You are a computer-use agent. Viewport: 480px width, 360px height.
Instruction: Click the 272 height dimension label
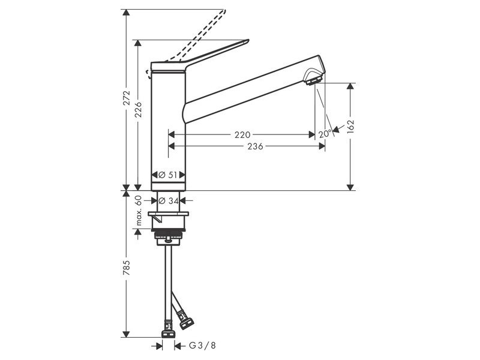[x=127, y=98]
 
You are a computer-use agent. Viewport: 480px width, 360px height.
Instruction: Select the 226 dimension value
[x=139, y=110]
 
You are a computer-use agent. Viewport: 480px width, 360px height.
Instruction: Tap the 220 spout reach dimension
[x=242, y=134]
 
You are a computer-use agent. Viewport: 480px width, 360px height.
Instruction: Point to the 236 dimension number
[x=256, y=146]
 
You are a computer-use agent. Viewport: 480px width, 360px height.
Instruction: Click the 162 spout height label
[x=350, y=127]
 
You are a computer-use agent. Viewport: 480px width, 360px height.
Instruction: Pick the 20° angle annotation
[x=325, y=134]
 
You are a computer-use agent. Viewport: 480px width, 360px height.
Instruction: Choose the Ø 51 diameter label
[x=168, y=175]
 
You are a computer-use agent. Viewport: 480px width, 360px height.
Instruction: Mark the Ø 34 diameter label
[x=169, y=201]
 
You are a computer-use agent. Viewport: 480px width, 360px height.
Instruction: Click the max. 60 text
[x=139, y=211]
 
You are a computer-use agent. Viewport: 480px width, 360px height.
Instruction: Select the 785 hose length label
[x=127, y=268]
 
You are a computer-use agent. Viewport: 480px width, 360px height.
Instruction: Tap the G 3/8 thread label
[x=202, y=346]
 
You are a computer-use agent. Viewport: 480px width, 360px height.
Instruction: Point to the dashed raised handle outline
[x=187, y=43]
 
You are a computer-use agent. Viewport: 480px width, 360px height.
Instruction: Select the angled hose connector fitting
[x=185, y=319]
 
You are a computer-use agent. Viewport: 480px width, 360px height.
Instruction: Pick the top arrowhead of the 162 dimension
[x=350, y=86]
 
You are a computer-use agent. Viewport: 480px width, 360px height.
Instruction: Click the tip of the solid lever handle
[x=248, y=40]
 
